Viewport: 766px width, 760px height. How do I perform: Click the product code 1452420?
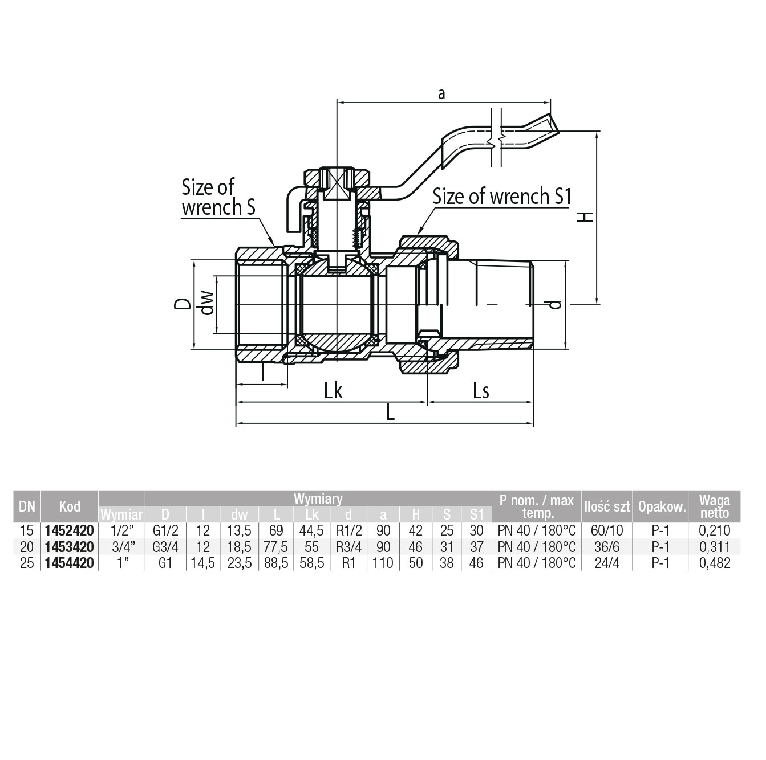tap(69, 530)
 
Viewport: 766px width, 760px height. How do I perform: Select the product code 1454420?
tap(69, 563)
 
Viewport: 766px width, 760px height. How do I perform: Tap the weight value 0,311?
tap(714, 547)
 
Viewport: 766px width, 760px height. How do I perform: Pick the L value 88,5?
tap(276, 563)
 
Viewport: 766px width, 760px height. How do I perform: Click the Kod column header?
tap(69, 506)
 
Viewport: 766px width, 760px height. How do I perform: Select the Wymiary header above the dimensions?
tap(318, 499)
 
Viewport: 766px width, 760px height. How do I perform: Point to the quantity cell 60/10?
tap(607, 530)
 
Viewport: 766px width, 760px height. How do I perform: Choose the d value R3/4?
tap(348, 547)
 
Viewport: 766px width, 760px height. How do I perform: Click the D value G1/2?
tap(165, 530)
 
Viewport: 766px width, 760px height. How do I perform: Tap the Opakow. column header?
tap(661, 506)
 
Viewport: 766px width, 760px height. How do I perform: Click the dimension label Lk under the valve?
tap(333, 391)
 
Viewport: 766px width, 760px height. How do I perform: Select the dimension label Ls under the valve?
tap(481, 391)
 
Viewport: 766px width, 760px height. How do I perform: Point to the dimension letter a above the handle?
tap(441, 94)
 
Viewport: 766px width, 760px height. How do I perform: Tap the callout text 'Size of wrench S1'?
tap(501, 197)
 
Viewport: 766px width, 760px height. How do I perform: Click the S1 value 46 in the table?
tap(476, 563)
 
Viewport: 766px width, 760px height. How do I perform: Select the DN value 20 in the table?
tap(26, 547)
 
